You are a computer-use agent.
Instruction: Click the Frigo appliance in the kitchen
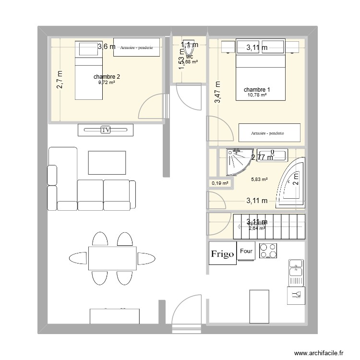pos(223,253)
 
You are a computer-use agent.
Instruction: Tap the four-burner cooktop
pos(267,252)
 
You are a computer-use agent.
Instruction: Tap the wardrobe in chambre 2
pos(136,48)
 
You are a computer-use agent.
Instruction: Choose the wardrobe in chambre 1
pos(270,133)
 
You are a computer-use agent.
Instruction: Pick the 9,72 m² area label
pos(107,83)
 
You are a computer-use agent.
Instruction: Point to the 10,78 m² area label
pos(257,95)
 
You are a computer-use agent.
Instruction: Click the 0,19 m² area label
pos(220,183)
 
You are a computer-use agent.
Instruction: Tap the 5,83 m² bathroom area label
pos(259,179)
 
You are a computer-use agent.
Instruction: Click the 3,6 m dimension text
pos(107,47)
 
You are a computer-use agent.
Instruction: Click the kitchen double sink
pos(295,272)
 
